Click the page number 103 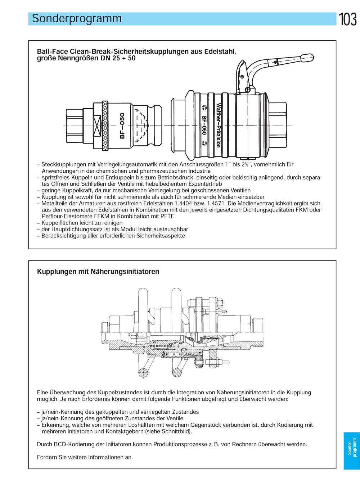348,19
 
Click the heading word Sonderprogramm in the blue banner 77,19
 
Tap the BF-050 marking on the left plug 122,126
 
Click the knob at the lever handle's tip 307,58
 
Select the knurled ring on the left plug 105,126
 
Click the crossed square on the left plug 97,126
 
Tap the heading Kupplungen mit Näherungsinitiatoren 98,272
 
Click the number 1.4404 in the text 189,203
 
